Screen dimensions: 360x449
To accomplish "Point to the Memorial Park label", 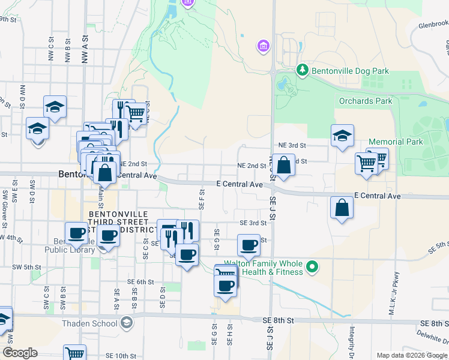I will [x=396, y=142].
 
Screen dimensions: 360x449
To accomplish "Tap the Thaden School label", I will [x=89, y=323].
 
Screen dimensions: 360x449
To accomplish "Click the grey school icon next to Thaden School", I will [x=126, y=323].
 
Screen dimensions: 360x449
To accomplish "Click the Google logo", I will [x=20, y=353].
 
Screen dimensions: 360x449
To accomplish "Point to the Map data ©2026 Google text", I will [x=411, y=355].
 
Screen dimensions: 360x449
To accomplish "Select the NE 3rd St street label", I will [x=292, y=145].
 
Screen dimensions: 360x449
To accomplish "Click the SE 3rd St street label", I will [x=252, y=223].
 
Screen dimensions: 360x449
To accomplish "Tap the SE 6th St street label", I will [x=140, y=281].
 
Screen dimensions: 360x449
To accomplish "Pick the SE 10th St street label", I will [x=122, y=356].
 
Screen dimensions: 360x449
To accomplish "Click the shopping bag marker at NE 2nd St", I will [x=285, y=165].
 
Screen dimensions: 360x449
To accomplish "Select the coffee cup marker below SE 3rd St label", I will [x=249, y=245].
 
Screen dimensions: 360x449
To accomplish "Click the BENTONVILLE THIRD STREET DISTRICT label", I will [x=118, y=221].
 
